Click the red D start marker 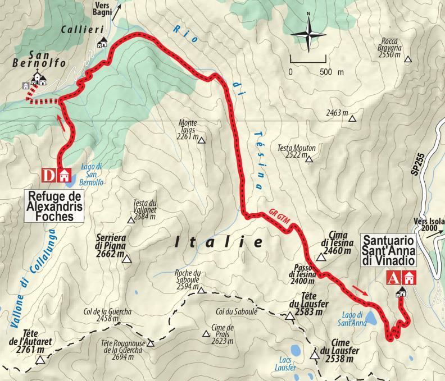click(50, 175)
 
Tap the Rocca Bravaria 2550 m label click(391, 45)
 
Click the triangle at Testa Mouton click(308, 159)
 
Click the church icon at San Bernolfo click(38, 78)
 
